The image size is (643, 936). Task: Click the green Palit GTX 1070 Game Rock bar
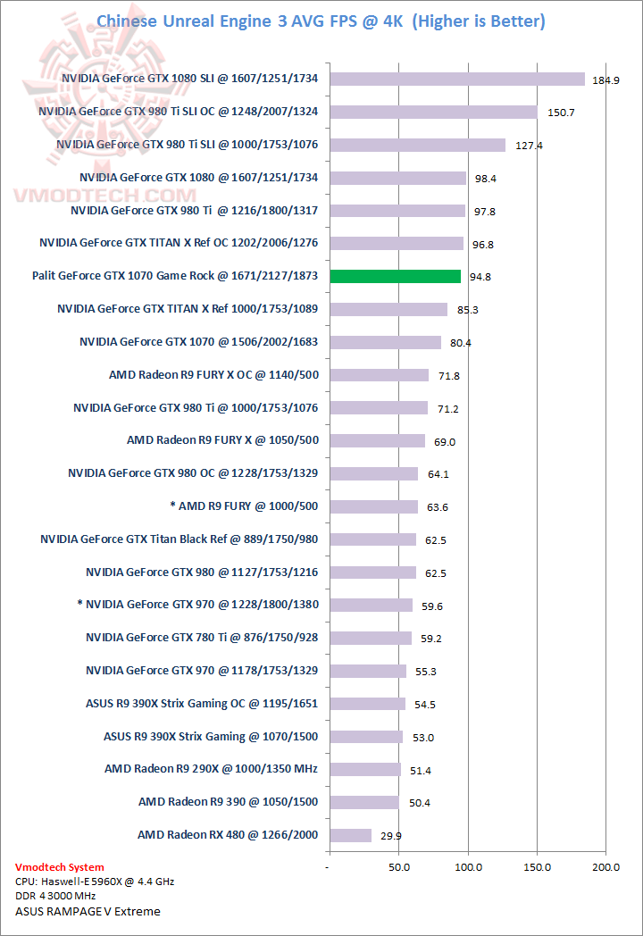395,276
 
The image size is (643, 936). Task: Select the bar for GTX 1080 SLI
456,79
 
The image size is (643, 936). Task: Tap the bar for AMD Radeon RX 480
350,835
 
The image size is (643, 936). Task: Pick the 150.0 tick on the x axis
538,867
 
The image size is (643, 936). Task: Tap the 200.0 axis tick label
606,867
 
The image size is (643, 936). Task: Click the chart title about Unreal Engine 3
321,21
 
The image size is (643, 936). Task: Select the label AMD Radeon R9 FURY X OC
213,375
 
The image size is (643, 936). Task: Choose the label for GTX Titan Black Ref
180,539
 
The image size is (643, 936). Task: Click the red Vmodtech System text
60,867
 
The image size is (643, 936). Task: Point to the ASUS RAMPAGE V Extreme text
88,911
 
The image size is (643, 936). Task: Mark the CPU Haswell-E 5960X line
95,882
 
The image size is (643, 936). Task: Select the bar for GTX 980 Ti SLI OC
433,112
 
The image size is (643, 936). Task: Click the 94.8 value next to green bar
480,277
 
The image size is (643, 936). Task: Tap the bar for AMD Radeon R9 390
364,802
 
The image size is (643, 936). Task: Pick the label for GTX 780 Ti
202,638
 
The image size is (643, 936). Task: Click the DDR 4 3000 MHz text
55,896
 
